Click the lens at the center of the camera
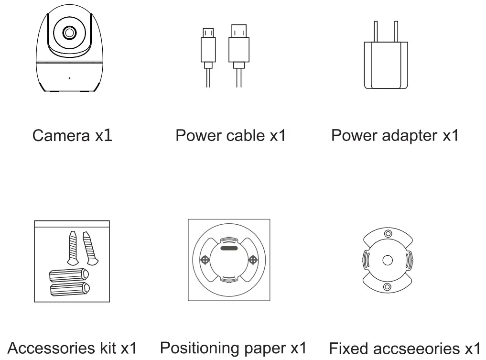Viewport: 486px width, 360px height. tap(69, 33)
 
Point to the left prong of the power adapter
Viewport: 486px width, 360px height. tap(376, 31)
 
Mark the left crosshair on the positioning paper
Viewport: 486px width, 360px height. tap(205, 260)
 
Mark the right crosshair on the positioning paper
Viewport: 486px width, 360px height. tap(253, 260)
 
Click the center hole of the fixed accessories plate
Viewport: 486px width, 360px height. tap(388, 260)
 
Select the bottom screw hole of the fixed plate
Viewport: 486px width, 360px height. tap(388, 286)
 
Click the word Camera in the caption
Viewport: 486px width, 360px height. tap(60, 136)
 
